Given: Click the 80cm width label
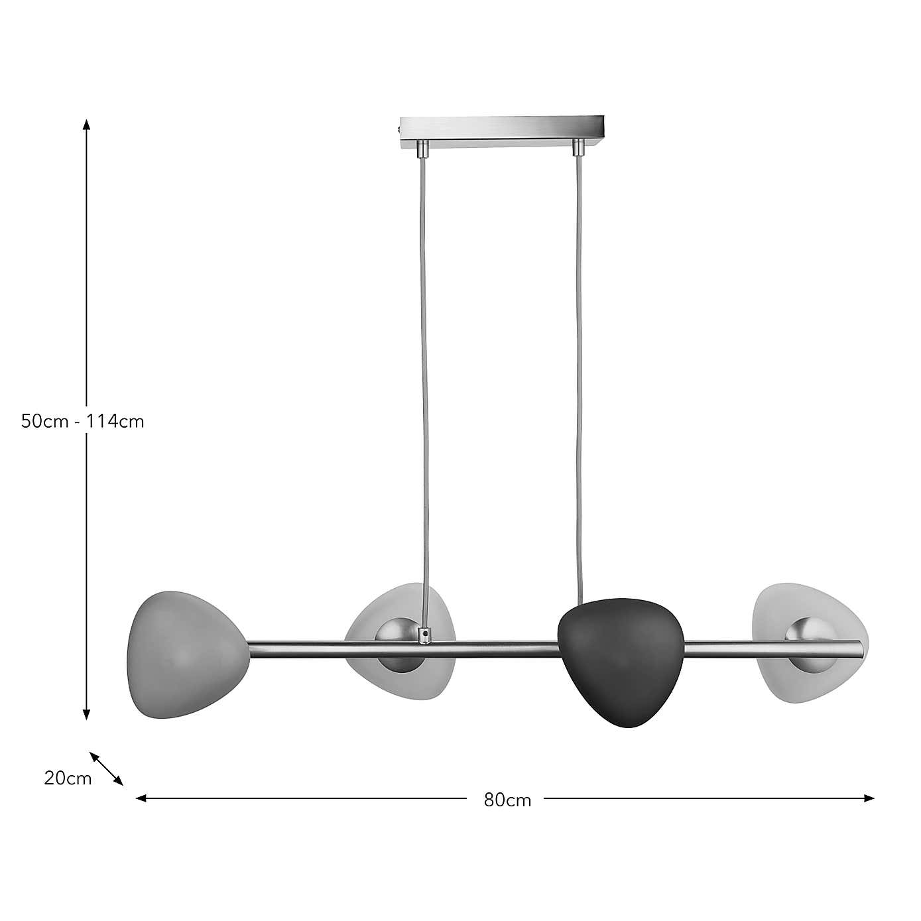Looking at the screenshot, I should (507, 800).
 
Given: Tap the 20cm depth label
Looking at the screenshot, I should (68, 778).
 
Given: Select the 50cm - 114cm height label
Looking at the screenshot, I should (82, 421).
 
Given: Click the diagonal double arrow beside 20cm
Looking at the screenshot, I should (107, 768).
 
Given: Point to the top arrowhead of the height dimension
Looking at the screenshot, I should (86, 124).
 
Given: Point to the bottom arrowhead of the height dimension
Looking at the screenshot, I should (86, 714).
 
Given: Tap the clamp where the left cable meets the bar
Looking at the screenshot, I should (423, 635).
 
